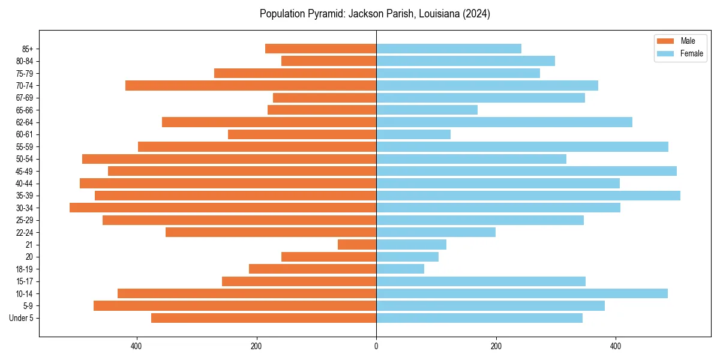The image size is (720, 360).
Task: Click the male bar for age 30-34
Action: coord(223,208)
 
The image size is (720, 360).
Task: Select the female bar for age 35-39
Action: coord(528,196)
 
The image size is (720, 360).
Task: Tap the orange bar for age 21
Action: coord(357,245)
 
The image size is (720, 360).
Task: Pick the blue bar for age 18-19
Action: coord(400,269)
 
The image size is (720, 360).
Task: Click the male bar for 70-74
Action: coord(251,85)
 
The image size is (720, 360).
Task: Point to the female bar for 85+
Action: coord(449,49)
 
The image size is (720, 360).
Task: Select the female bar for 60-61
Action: coord(413,134)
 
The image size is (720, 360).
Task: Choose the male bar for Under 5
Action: coord(263,318)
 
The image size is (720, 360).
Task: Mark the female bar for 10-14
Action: coord(522,293)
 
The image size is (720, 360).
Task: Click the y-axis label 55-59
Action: coord(25,147)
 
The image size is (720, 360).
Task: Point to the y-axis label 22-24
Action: coord(25,233)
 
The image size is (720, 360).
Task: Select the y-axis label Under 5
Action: coord(22,318)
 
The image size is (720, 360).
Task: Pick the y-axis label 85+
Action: coord(27,49)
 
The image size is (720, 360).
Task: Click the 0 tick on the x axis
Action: coord(376,346)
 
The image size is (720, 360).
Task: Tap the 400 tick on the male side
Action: coord(136,346)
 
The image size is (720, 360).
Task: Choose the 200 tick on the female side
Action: coord(496,346)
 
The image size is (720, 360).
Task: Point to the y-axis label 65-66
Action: coord(25,110)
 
